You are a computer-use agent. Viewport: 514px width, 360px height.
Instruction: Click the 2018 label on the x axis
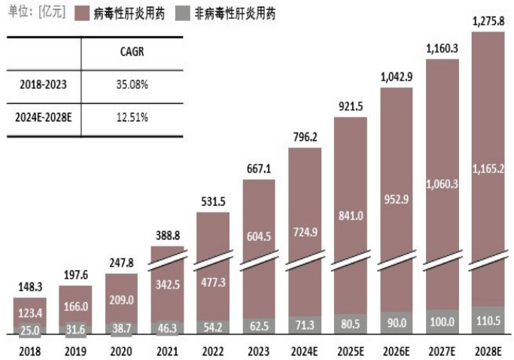click(29, 351)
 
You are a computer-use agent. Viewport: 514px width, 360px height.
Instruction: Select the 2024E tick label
click(305, 351)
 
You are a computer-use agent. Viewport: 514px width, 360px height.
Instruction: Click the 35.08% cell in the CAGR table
click(132, 84)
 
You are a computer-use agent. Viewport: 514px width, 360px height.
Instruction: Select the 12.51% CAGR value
click(132, 117)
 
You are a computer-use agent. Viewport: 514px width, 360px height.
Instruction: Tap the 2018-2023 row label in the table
click(44, 84)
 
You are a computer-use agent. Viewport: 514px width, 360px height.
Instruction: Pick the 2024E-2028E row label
click(44, 117)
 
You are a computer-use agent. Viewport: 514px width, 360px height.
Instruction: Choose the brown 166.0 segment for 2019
click(75, 306)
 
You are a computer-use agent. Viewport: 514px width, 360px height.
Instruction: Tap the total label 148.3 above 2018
click(29, 287)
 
